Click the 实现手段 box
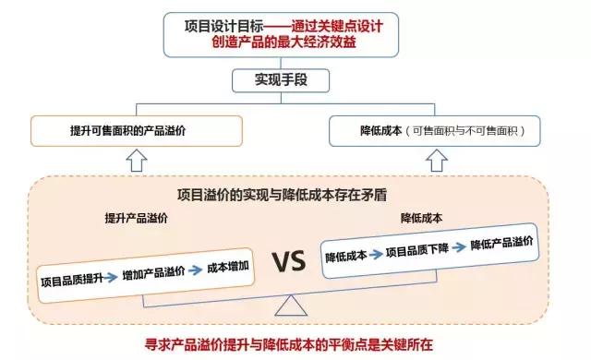pyautogui.click(x=279, y=79)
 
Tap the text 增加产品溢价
pyautogui.click(x=152, y=273)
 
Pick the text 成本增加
pyautogui.click(x=227, y=267)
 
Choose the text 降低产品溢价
pyautogui.click(x=501, y=243)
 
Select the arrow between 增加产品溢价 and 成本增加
pyautogui.click(x=195, y=270)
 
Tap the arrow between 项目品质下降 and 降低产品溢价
pyautogui.click(x=459, y=246)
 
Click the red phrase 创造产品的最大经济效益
pyautogui.click(x=278, y=42)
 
